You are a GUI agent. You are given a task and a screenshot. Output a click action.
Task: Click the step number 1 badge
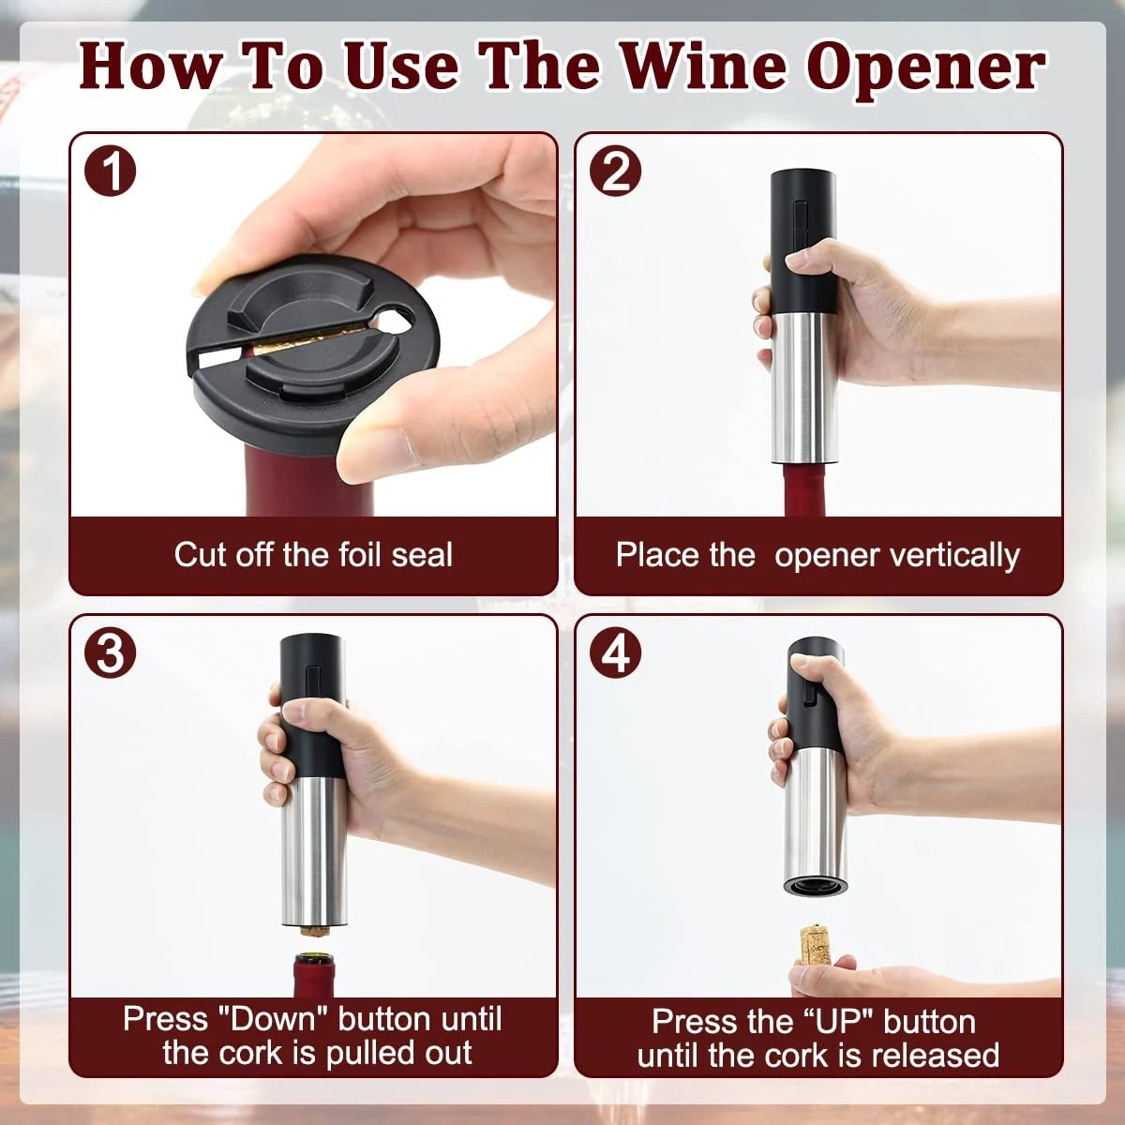point(111,172)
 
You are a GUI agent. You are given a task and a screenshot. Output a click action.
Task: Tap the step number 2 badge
point(616,172)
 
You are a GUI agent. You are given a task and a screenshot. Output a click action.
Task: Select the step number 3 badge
point(111,653)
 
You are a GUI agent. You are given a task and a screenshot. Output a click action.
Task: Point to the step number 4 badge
point(616,653)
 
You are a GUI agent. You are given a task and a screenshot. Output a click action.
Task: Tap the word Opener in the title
point(925,67)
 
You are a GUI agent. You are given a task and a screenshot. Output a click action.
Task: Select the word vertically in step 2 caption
point(956,555)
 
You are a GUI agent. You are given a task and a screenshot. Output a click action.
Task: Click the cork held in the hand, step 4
point(815,946)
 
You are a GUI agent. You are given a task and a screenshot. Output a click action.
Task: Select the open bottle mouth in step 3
point(312,959)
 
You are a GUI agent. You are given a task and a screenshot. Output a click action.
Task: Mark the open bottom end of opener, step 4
point(815,884)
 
